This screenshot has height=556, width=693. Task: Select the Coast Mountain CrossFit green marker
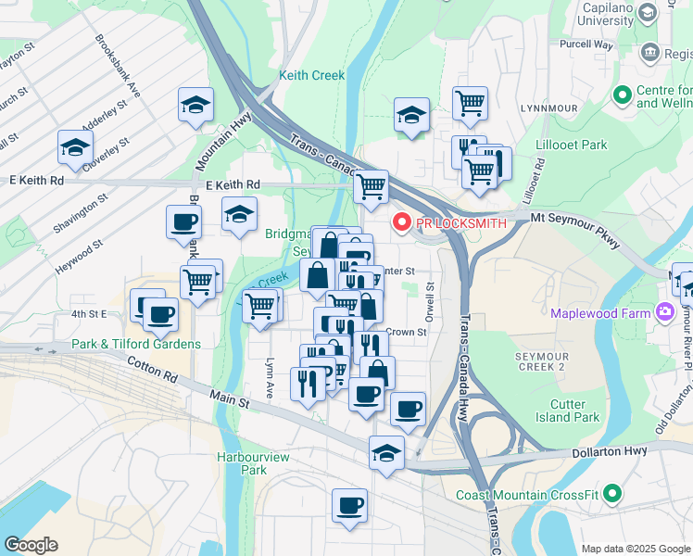click(x=612, y=495)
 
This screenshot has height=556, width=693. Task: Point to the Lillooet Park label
click(x=572, y=145)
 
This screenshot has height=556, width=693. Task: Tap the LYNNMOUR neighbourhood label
click(x=548, y=108)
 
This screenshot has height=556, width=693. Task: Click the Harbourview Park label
click(x=241, y=463)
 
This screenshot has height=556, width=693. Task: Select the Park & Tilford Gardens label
click(x=135, y=345)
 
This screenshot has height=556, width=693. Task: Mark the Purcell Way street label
click(x=586, y=44)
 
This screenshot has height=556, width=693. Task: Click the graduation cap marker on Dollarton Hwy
click(x=386, y=453)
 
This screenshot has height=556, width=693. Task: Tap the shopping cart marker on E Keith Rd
click(x=372, y=185)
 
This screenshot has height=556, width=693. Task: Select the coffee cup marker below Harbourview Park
click(x=349, y=506)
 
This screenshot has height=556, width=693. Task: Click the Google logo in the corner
click(x=31, y=545)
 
